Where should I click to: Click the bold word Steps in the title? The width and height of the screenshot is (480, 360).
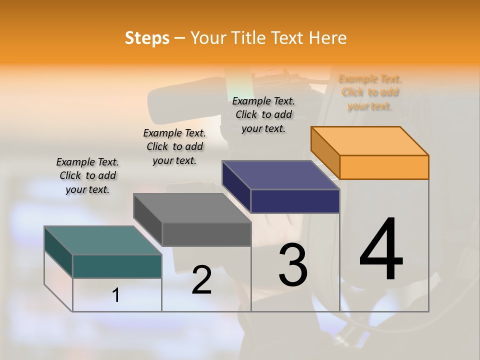pos(147,38)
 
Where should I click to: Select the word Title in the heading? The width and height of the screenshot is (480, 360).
pos(249,38)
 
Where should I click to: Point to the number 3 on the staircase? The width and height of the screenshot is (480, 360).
pos(293,264)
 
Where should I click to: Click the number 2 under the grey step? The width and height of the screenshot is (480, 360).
pos(201,280)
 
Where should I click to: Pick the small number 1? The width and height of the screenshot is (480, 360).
pos(116,295)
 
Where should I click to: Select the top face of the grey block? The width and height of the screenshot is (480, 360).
pos(192,208)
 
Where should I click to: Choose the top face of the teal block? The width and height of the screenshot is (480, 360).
pos(103,240)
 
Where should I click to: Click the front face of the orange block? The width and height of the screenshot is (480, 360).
pos(384,167)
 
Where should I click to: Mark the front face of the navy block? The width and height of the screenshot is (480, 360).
pos(295,201)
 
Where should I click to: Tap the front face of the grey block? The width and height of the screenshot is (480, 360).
pos(206,234)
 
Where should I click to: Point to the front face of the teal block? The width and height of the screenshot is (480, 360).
pos(117,266)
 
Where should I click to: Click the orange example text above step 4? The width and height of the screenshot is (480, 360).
pos(370,92)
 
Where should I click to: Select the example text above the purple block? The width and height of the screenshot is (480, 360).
pos(263,114)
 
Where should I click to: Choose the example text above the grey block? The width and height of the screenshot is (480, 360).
pos(174,146)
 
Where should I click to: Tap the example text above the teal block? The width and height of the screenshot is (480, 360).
pos(87,175)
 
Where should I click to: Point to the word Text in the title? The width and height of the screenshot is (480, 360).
pos(290,38)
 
